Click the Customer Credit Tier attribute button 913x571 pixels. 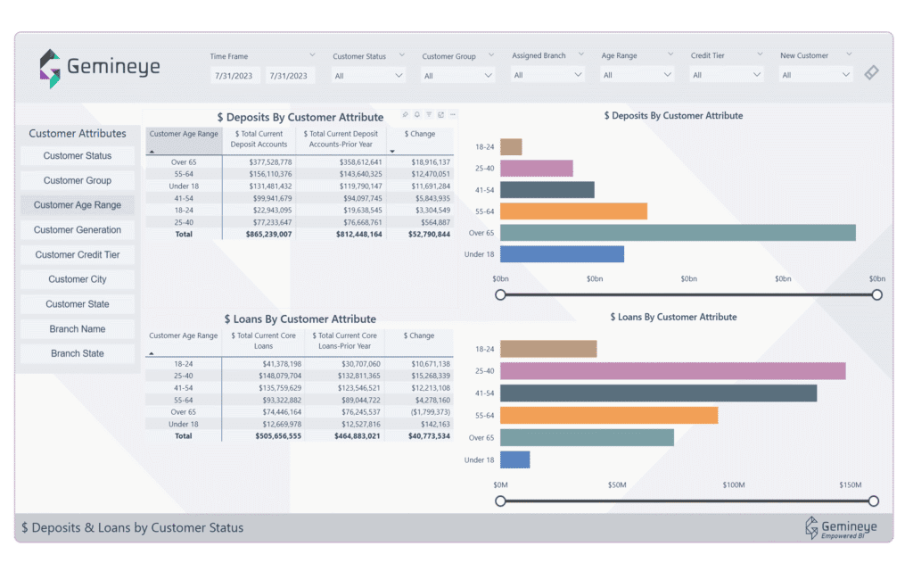click(78, 254)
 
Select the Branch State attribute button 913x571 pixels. click(78, 353)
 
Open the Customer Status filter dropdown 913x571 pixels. click(369, 76)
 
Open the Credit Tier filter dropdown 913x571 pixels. click(727, 75)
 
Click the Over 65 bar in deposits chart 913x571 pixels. click(678, 233)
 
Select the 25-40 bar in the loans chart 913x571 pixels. click(672, 371)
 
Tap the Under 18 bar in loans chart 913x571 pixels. click(515, 459)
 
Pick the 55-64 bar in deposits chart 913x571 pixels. click(573, 211)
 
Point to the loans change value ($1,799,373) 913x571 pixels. click(432, 412)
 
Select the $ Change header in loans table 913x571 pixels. click(419, 336)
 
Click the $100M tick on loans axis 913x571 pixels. click(734, 485)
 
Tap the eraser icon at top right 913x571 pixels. click(871, 73)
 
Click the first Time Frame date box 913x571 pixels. click(235, 76)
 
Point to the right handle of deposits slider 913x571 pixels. click(877, 294)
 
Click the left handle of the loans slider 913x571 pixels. click(500, 501)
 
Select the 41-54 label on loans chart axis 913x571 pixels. click(484, 393)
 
